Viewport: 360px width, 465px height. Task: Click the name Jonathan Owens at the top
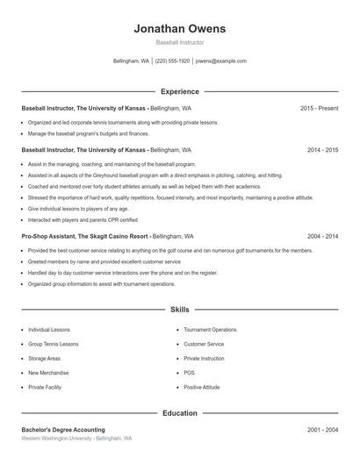pyautogui.click(x=179, y=28)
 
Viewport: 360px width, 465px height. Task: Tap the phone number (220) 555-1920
pyautogui.click(x=172, y=61)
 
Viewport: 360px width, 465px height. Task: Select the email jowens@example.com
pyautogui.click(x=220, y=61)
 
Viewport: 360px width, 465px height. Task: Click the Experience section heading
pyautogui.click(x=179, y=91)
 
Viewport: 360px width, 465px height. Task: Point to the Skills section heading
pyautogui.click(x=179, y=310)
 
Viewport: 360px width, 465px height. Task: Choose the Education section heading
pyautogui.click(x=179, y=412)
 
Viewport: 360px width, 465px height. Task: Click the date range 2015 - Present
pyautogui.click(x=319, y=108)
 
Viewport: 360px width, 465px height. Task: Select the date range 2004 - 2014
pyautogui.click(x=322, y=237)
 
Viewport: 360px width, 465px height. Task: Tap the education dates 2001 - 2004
pyautogui.click(x=322, y=430)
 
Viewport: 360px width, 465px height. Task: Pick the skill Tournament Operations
pyautogui.click(x=210, y=330)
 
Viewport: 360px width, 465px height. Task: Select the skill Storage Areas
pyautogui.click(x=44, y=358)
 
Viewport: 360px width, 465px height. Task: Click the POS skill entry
pyautogui.click(x=189, y=372)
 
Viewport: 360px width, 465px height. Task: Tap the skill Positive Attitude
pyautogui.click(x=202, y=387)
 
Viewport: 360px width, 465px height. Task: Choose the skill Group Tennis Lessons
pyautogui.click(x=53, y=344)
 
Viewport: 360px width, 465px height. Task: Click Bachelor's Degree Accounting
pyautogui.click(x=62, y=430)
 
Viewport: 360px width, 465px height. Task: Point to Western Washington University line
pyautogui.click(x=76, y=438)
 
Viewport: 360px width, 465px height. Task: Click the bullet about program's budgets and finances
pyautogui.click(x=88, y=133)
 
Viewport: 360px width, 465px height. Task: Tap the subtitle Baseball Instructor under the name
pyautogui.click(x=179, y=42)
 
